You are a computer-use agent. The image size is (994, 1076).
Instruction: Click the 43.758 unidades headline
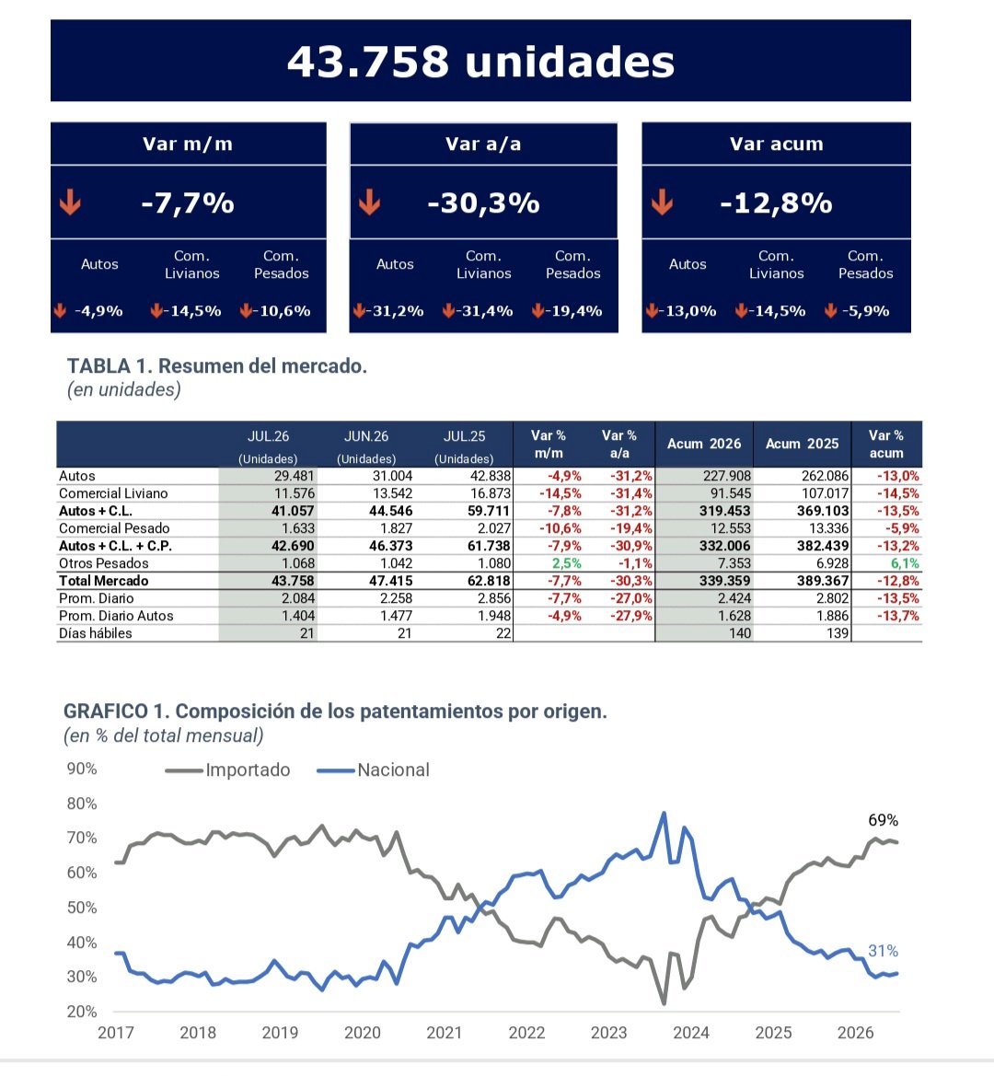[x=480, y=62]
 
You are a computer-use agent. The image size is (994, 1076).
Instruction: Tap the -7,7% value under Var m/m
[x=187, y=203]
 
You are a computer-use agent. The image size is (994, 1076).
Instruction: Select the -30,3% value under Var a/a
[x=483, y=203]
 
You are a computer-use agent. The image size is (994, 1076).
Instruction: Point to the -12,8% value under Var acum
[x=776, y=203]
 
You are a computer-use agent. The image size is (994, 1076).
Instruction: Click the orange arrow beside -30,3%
[x=369, y=202]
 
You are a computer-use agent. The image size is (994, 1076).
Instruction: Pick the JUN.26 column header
[x=366, y=436]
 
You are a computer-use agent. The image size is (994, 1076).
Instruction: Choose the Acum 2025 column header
[x=802, y=444]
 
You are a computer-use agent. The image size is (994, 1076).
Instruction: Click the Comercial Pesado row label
[x=114, y=528]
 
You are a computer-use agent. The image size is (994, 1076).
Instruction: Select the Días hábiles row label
[x=96, y=633]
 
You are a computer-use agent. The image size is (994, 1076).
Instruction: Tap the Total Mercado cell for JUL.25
[x=488, y=581]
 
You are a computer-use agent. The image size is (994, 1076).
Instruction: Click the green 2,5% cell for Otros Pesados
[x=567, y=563]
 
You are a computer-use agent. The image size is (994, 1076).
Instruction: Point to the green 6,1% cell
[x=905, y=563]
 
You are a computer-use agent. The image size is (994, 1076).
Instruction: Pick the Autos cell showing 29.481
[x=294, y=476]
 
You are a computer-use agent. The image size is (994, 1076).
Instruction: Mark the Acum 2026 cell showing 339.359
[x=724, y=581]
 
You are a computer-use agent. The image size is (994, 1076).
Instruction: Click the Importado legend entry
[x=227, y=769]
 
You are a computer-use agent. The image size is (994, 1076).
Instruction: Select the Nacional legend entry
[x=373, y=769]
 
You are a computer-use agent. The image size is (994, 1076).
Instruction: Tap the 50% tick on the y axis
[x=82, y=908]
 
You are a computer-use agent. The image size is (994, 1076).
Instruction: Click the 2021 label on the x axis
[x=444, y=1033]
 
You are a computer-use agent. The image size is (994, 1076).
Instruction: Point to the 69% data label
[x=883, y=820]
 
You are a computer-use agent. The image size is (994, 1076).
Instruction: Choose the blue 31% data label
[x=883, y=951]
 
